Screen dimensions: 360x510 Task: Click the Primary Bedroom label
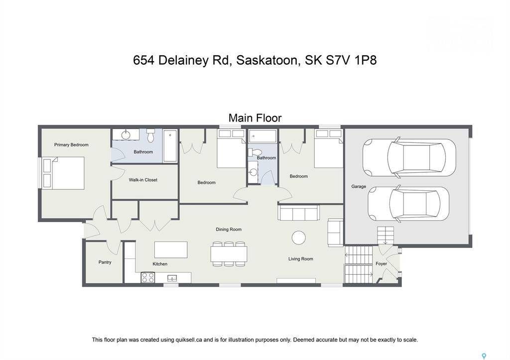tap(71, 145)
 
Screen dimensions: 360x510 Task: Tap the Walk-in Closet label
tap(143, 180)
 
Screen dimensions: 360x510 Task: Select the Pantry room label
tap(105, 262)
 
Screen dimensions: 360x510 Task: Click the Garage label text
tap(359, 187)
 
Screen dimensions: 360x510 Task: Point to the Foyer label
tap(381, 264)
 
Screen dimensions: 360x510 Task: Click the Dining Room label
tap(229, 230)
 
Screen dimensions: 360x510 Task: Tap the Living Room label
tap(301, 259)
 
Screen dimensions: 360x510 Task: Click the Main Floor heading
tap(255, 118)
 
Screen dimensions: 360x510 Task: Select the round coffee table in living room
tap(299, 238)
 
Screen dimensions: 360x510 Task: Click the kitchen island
tap(171, 249)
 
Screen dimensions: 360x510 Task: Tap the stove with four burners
tap(148, 277)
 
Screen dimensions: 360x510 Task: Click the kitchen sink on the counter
tap(173, 278)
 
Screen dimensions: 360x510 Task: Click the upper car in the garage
tap(408, 157)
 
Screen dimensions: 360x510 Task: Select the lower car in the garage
tap(408, 204)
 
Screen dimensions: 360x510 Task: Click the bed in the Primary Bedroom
tap(63, 173)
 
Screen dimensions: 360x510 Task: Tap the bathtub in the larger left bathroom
tap(170, 145)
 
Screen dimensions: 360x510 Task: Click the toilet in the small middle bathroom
tap(255, 152)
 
